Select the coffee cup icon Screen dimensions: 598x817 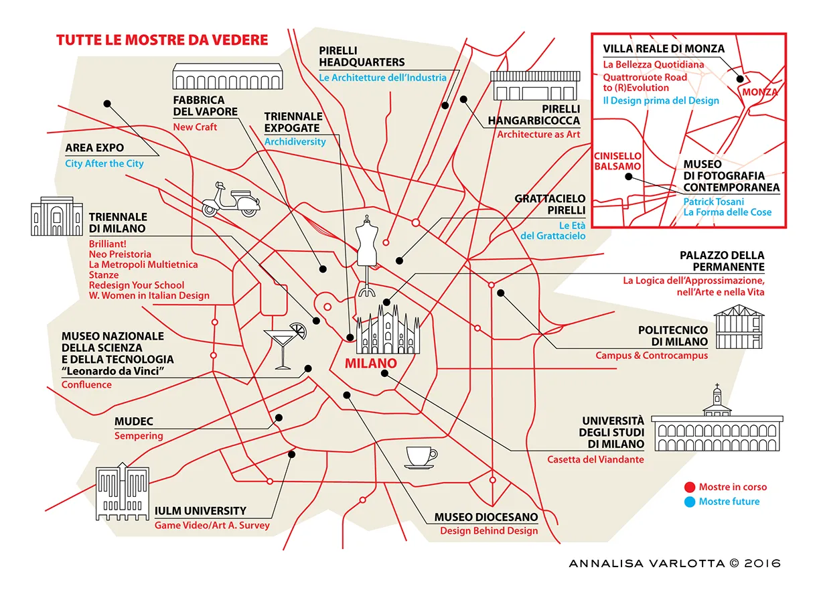coord(421,457)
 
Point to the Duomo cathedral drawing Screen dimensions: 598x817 coord(388,330)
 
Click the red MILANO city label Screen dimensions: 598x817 coord(370,364)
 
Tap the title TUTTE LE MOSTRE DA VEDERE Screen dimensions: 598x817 coord(162,40)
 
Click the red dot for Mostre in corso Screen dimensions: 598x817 coord(690,487)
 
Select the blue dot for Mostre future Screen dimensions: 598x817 coord(690,501)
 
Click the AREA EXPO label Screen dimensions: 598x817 coord(94,149)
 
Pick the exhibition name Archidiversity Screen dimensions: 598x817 coord(295,141)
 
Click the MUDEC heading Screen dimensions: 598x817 coord(134,422)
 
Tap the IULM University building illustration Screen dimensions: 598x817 coord(122,492)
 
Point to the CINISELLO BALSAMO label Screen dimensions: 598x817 coord(617,161)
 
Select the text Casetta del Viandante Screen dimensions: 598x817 coord(595,459)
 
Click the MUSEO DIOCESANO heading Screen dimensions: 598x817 coord(486,517)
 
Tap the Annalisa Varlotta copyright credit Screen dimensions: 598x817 coord(674,563)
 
